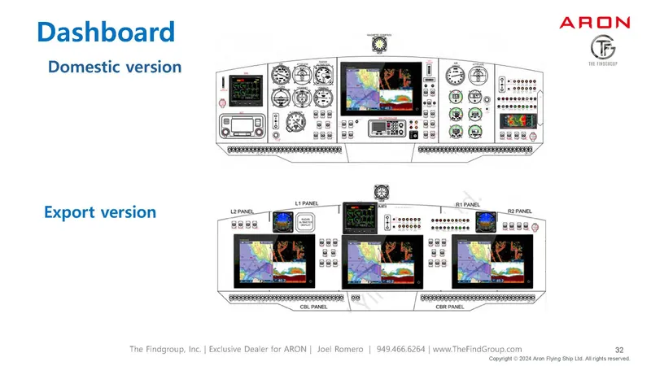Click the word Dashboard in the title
tap(107, 32)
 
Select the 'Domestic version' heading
tap(115, 67)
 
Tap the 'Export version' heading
tap(100, 212)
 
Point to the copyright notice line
tap(559, 358)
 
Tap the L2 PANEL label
tap(241, 211)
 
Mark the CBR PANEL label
tap(444, 307)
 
